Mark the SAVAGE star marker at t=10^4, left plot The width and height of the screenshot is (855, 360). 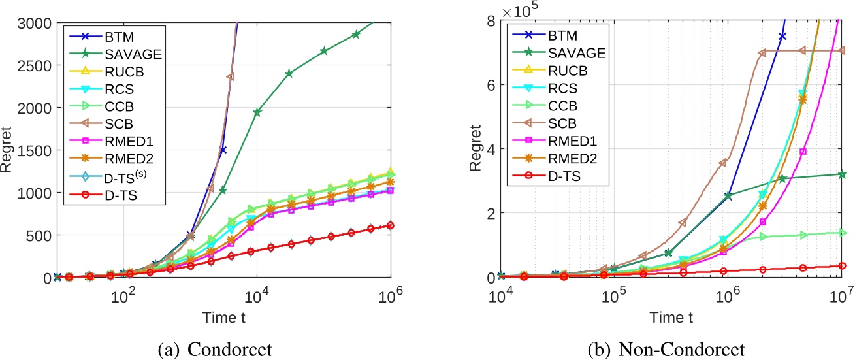[x=257, y=112]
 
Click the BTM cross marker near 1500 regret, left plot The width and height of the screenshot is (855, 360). [x=223, y=150]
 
